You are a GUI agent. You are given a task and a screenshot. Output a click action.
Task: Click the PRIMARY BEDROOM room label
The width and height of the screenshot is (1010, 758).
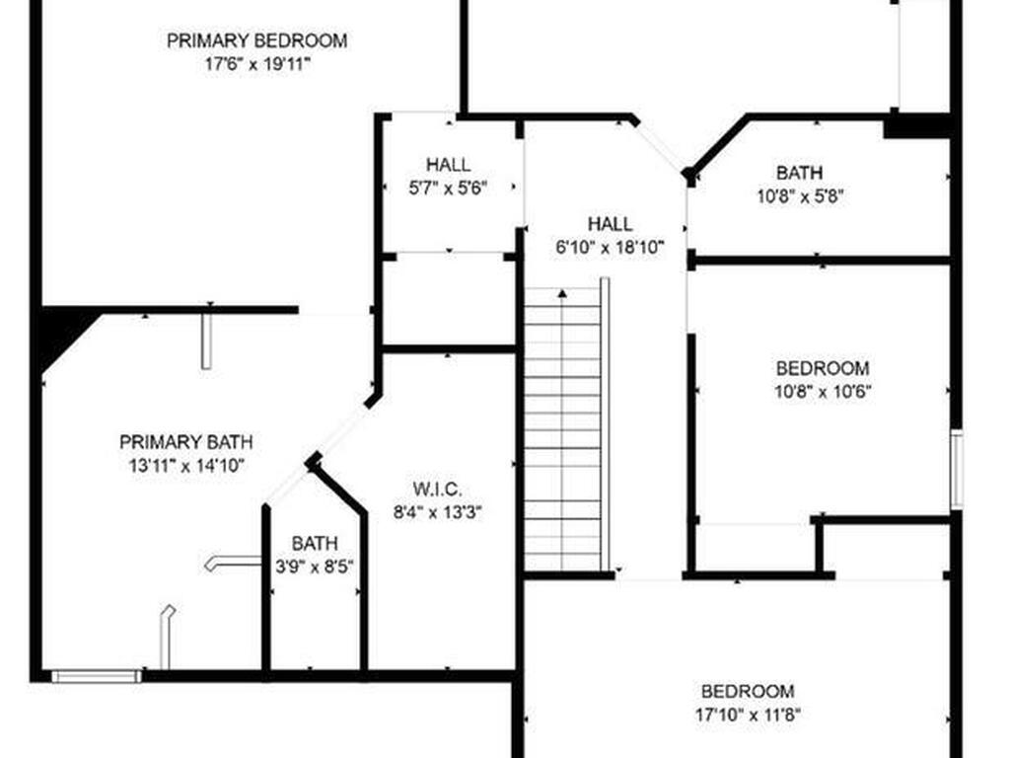pos(256,40)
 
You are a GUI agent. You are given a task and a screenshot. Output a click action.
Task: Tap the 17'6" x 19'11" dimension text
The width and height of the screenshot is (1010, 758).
pos(256,64)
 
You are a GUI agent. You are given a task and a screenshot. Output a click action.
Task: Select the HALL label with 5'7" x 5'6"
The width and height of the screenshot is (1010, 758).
pos(448,164)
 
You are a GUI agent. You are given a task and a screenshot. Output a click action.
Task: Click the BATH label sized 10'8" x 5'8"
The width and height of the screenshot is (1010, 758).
pos(799,173)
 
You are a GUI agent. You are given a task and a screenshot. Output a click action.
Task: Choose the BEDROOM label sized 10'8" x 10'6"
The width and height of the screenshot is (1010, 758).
pos(823,368)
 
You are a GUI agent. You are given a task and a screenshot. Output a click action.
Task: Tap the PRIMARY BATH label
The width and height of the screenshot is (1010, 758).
pos(185,441)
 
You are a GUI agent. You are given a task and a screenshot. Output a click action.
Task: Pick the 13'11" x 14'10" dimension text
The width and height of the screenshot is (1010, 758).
pos(185,465)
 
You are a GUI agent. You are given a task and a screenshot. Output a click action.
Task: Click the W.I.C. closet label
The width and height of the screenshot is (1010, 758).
pos(437,489)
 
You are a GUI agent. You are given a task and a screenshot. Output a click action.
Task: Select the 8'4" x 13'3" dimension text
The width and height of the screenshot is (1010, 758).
pos(437,512)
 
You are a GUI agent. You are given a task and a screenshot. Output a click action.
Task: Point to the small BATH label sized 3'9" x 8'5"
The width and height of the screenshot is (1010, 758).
pos(315,543)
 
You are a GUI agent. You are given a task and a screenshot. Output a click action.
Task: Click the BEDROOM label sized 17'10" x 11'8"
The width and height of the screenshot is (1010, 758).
pos(748,691)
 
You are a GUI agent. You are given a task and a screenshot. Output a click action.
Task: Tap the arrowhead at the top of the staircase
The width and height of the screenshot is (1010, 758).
pos(561,293)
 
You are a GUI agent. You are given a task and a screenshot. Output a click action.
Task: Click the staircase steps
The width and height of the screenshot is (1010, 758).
pos(561,434)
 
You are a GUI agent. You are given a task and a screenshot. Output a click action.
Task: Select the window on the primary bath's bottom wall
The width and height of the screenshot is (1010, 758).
pos(96,676)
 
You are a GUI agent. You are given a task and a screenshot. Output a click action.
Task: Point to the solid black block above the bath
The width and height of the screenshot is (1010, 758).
pos(916,126)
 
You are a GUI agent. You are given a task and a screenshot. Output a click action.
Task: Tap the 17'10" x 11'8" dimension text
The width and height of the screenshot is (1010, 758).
pos(748,715)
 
